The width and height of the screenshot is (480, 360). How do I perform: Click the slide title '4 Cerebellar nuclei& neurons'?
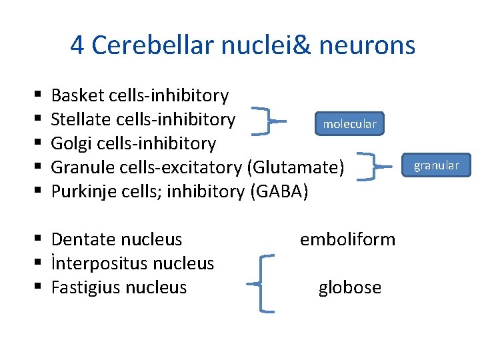click(243, 45)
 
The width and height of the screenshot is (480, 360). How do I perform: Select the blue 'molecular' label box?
click(350, 124)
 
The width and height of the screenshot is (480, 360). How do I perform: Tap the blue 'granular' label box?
click(436, 165)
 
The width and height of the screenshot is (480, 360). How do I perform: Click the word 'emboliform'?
click(347, 239)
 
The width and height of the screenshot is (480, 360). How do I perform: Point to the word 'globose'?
click(350, 287)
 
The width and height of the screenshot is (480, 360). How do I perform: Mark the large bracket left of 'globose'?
click(264, 283)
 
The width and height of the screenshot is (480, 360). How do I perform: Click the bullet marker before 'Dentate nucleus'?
click(41, 239)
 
